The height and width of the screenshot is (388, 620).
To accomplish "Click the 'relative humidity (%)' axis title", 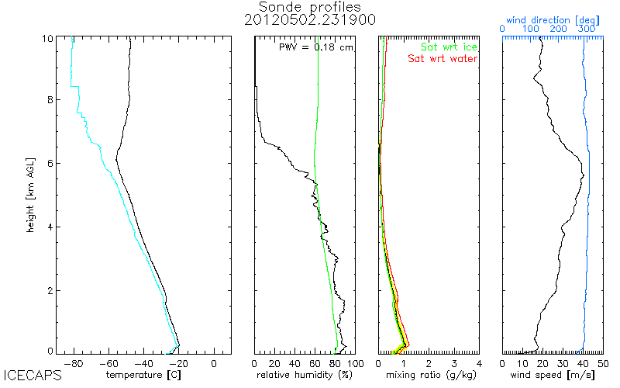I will pos(305,375).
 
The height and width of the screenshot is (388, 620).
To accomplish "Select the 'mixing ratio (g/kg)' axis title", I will pos(429,375).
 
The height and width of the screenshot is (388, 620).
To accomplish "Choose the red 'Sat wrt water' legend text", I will pos(443,59).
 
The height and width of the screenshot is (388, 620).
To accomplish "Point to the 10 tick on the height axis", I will pos(48,39).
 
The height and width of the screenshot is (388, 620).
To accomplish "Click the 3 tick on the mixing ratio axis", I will pos(453,362).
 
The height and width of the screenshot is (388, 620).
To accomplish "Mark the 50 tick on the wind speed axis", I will pos(603,362).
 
